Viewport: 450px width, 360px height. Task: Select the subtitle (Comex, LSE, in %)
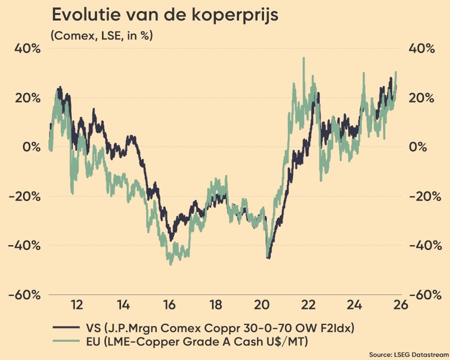point(101,35)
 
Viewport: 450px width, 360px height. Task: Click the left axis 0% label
point(30,147)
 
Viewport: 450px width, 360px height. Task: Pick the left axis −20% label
point(24,196)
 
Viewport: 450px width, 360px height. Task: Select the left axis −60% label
point(24,294)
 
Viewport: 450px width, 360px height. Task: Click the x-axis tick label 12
point(76,305)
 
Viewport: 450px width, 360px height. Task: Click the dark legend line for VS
point(64,328)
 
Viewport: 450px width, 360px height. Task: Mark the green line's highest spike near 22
point(303,58)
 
